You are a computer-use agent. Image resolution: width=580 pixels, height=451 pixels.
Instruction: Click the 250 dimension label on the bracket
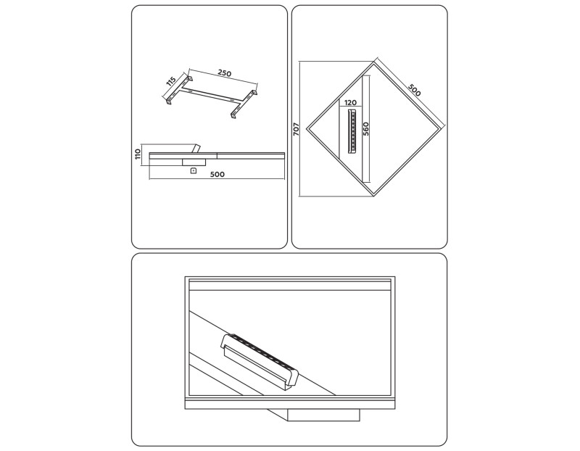click(225, 73)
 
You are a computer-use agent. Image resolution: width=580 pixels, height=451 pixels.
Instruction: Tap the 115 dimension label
click(171, 82)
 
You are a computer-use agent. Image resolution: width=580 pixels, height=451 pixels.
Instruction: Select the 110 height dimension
click(138, 154)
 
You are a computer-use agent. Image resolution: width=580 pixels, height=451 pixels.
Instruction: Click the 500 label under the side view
click(217, 174)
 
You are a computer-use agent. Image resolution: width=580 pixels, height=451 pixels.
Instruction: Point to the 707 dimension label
click(297, 129)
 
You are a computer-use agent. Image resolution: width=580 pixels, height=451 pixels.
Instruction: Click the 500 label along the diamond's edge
click(414, 91)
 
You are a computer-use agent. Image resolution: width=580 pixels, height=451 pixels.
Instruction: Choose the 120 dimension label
click(350, 103)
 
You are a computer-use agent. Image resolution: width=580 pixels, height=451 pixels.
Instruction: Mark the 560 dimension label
click(366, 129)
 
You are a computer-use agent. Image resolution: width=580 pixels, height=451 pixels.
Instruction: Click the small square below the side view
click(192, 170)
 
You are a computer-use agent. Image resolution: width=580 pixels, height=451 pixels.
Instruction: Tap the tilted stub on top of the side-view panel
click(195, 148)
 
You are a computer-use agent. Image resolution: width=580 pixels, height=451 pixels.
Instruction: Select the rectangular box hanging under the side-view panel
click(194, 162)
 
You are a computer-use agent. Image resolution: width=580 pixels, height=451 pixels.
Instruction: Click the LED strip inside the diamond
click(352, 131)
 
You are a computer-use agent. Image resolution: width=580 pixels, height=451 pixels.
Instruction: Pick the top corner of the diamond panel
click(373, 62)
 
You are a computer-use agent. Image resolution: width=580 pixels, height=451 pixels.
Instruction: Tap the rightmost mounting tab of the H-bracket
click(254, 93)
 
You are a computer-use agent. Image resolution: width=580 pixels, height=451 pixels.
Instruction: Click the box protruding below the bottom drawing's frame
click(323, 415)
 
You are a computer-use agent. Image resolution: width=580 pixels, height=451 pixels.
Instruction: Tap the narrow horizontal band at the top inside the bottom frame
click(290, 285)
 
